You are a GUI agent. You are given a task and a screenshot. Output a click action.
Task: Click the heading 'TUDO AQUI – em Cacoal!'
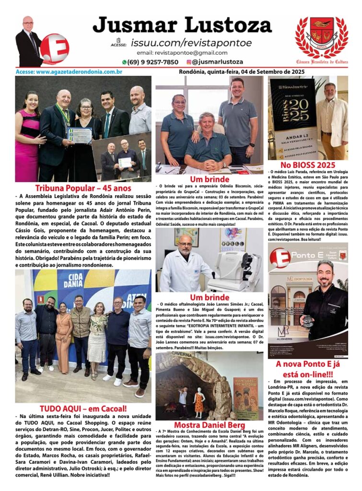click(83, 409)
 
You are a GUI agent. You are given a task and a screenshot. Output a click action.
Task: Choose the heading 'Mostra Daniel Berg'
click(209, 425)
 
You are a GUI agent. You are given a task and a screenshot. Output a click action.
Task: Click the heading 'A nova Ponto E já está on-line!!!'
click(308, 370)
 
